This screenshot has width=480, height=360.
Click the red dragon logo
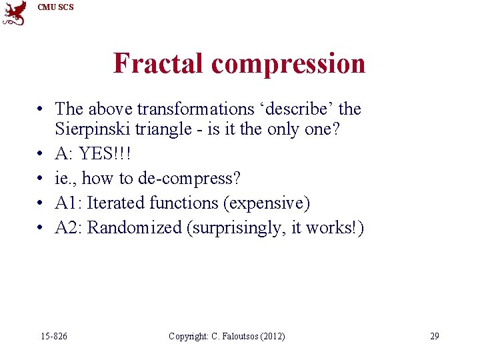tap(15, 13)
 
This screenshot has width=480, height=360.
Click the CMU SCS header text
tap(56, 7)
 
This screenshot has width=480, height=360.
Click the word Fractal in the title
tap(159, 64)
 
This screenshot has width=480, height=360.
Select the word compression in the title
tap(288, 64)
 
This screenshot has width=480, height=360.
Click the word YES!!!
tap(105, 154)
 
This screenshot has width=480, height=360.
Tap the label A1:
tap(69, 203)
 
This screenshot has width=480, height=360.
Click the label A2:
tap(69, 227)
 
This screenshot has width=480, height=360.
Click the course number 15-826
tap(54, 336)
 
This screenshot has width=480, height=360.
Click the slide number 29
tap(434, 336)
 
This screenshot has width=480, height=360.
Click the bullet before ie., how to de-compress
tap(41, 179)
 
